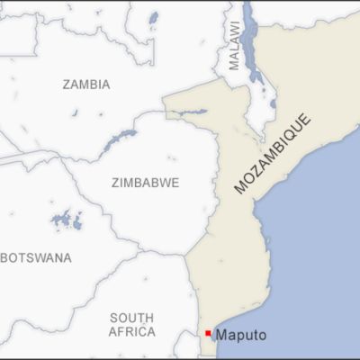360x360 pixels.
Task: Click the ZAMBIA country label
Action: click(86, 85)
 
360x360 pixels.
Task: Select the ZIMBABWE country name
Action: click(145, 183)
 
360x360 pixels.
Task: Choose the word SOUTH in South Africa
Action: click(132, 318)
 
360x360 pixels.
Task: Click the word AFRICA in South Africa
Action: click(132, 331)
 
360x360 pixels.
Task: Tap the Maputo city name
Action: click(240, 335)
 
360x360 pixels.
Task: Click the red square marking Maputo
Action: click(208, 334)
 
